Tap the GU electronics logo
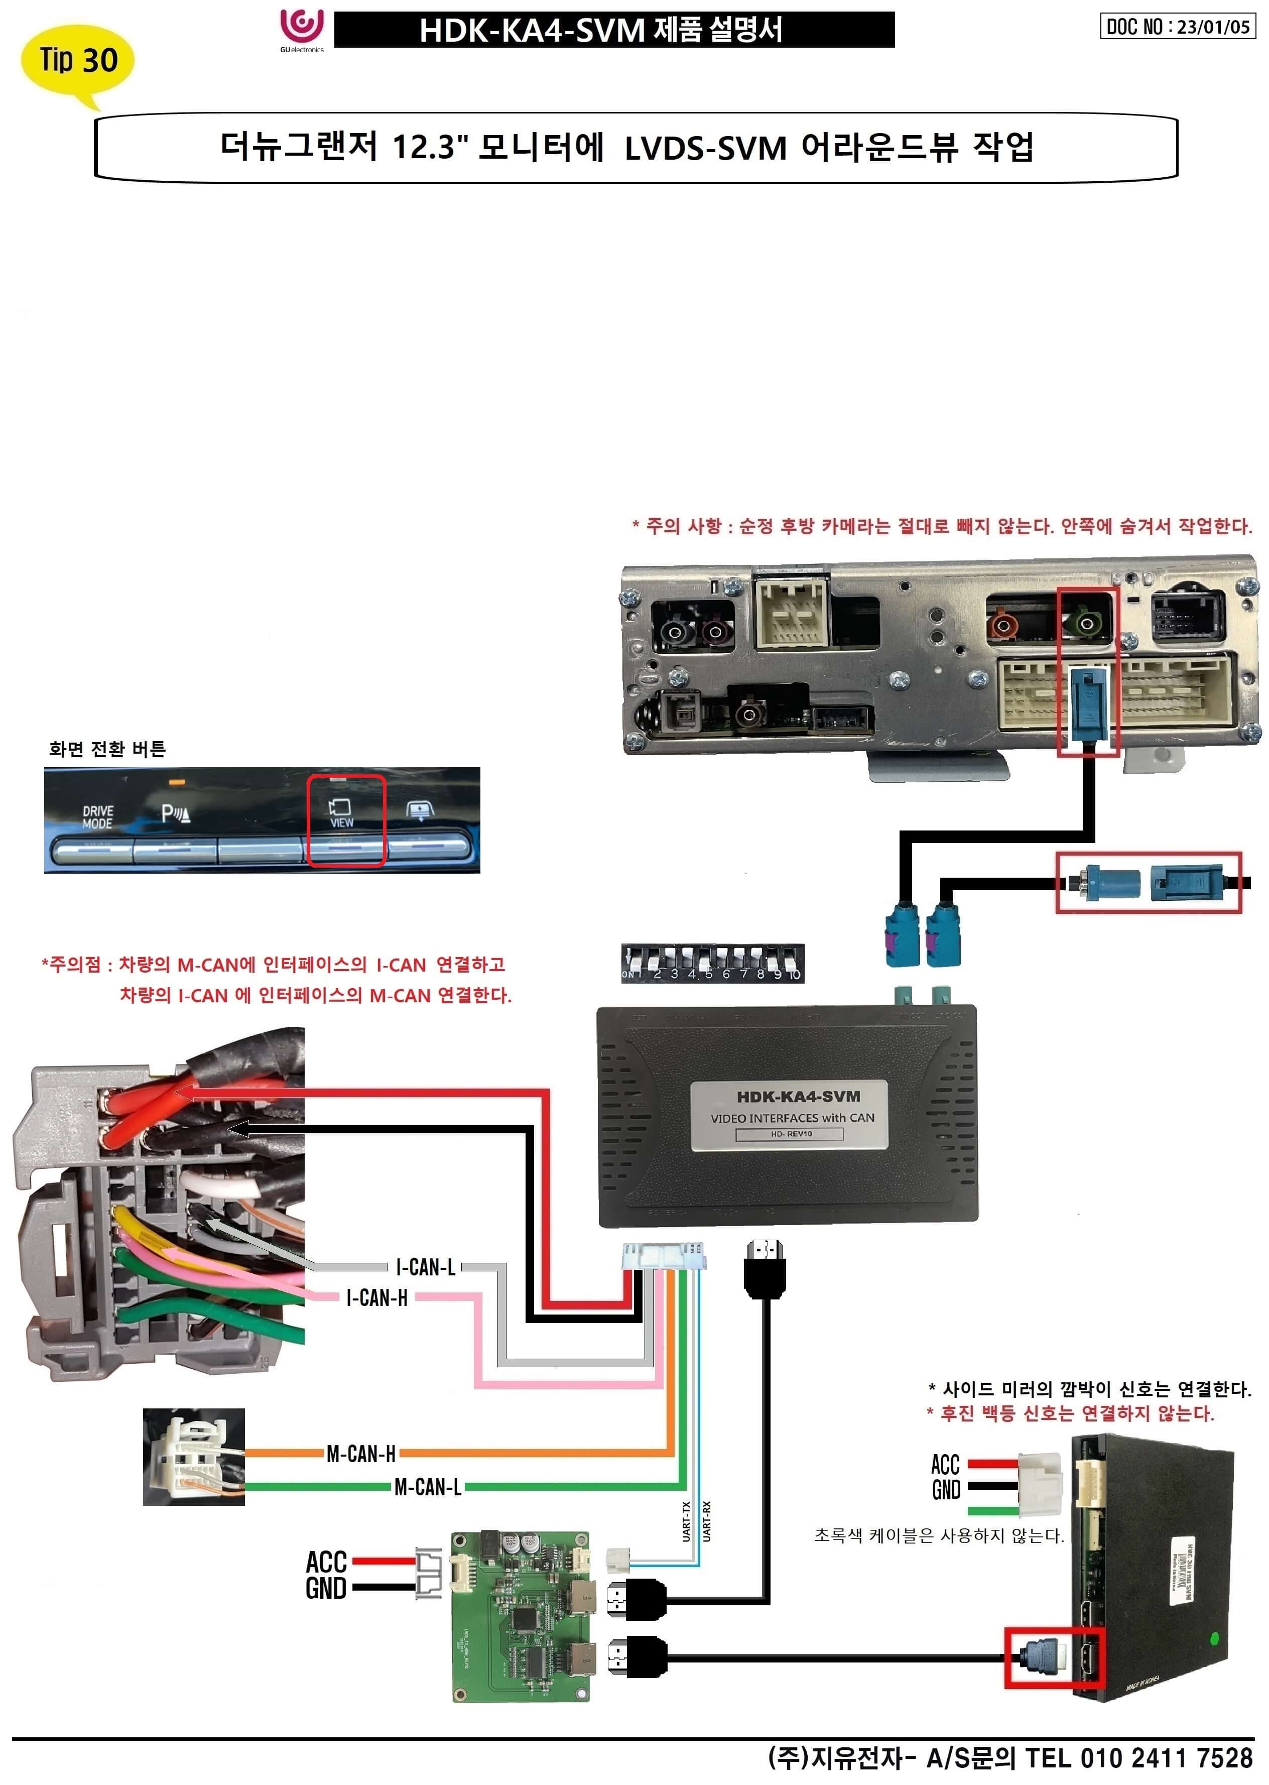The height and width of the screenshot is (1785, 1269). point(302,29)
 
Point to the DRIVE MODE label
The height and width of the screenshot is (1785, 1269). point(98,817)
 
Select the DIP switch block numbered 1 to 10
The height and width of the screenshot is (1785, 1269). point(712,963)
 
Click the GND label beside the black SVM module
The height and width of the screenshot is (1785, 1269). point(946,1490)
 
